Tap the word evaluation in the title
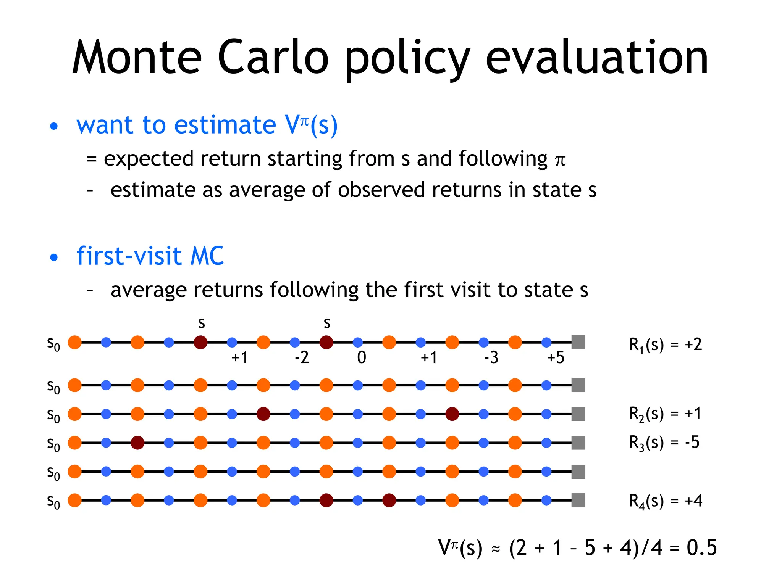(596, 57)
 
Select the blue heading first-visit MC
(150, 256)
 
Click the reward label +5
(555, 358)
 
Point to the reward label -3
(491, 358)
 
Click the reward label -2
(302, 358)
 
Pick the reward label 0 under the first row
(361, 358)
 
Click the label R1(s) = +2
(665, 345)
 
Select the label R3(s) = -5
(664, 443)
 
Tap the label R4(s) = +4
(665, 501)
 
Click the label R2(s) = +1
(664, 414)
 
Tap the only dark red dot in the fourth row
(137, 443)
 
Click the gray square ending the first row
(578, 342)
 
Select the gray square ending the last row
(578, 500)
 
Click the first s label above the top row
(201, 323)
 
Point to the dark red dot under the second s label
(326, 342)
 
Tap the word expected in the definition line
(149, 158)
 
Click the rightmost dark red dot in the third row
(452, 414)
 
